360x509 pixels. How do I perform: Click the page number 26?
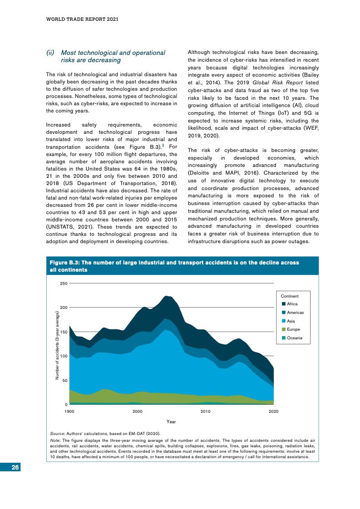click(15, 468)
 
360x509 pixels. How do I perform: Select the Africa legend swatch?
click(284, 304)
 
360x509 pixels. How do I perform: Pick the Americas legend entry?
click(295, 313)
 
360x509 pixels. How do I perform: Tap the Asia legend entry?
click(291, 321)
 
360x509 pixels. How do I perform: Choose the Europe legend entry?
click(293, 329)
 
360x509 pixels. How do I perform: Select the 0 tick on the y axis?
click(66, 405)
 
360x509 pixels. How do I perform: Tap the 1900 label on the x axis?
click(69, 411)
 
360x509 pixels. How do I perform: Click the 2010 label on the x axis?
click(206, 411)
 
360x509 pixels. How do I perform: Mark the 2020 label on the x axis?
click(273, 411)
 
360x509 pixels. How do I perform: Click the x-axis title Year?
click(171, 422)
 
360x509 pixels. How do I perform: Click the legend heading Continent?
click(290, 296)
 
